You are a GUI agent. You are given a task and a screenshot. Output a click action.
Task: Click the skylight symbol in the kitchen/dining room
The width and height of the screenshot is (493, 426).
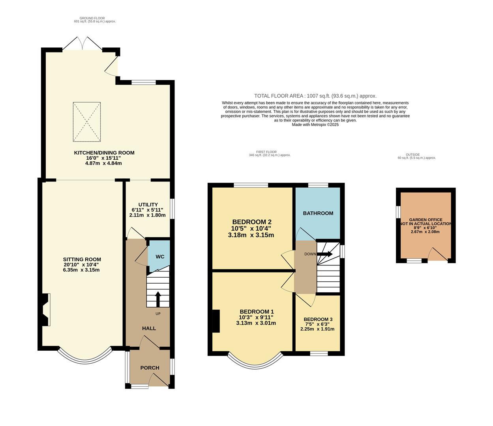click(86, 122)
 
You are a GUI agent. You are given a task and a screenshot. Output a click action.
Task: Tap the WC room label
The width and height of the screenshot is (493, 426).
click(160, 257)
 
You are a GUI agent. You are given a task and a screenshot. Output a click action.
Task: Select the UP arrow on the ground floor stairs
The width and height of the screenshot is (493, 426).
click(158, 299)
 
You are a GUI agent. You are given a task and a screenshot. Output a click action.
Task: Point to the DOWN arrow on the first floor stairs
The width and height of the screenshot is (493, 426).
click(325, 254)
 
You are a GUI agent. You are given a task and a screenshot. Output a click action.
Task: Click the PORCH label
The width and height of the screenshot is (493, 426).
click(150, 368)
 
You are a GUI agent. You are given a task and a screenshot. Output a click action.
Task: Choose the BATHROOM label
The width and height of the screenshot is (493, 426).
click(318, 213)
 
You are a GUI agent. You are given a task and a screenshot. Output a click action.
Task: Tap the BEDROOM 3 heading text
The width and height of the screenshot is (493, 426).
click(318, 319)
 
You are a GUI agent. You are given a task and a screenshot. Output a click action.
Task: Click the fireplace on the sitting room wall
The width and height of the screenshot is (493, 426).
click(45, 310)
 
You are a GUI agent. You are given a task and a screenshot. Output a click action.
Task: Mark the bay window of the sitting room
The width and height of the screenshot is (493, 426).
click(85, 357)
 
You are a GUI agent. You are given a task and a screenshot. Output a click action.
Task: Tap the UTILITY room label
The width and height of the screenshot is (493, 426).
click(148, 204)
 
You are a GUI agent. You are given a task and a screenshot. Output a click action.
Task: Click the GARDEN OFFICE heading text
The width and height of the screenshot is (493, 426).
click(426, 220)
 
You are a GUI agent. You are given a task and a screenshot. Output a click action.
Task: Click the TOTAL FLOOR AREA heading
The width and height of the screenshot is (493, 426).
click(315, 96)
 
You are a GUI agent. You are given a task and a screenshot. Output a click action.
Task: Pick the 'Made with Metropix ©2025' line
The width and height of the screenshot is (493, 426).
click(315, 125)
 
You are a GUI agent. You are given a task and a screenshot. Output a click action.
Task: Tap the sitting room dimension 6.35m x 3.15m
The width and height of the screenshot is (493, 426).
click(82, 270)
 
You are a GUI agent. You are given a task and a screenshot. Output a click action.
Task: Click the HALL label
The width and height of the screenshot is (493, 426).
click(149, 328)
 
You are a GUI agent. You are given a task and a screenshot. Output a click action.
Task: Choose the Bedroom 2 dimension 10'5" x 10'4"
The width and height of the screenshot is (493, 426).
click(251, 228)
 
